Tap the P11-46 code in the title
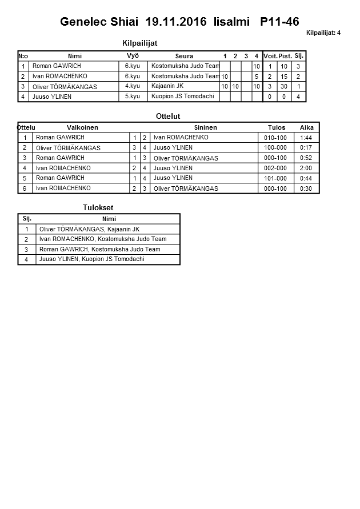279,22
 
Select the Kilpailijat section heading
140,43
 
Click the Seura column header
184,56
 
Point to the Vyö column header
133,55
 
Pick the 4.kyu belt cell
133,86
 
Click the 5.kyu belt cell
133,97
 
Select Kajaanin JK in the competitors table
167,86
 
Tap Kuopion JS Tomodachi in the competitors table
183,97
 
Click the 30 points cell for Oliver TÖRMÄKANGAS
284,87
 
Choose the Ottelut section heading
168,117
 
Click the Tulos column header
277,127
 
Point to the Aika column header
306,127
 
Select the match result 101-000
276,178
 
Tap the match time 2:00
306,169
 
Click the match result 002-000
276,169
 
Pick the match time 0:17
306,148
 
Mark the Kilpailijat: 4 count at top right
323,33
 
